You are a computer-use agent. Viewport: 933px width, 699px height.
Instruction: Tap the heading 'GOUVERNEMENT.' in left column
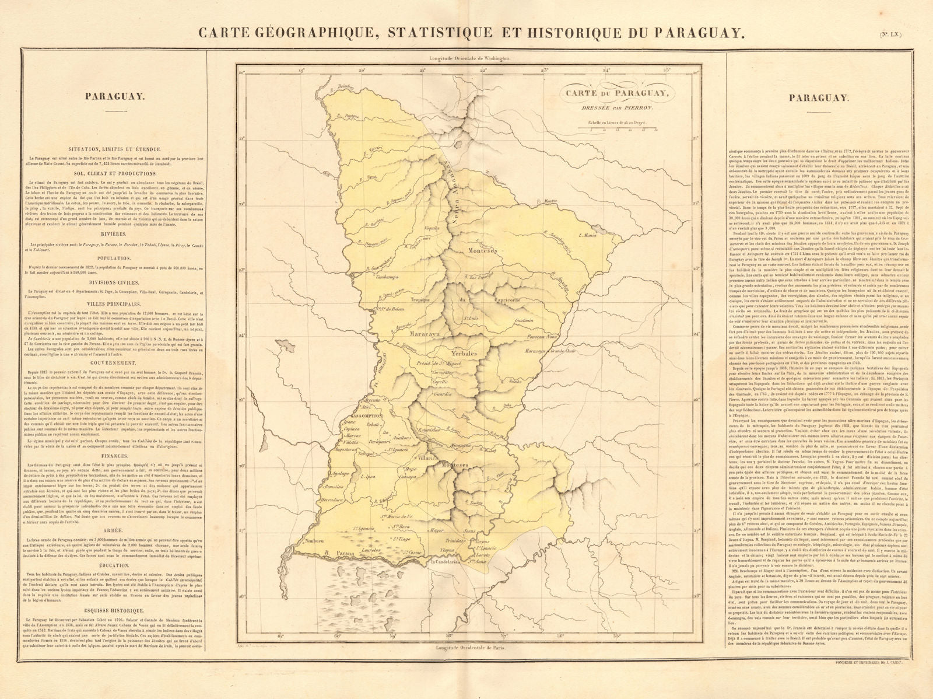point(114,362)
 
